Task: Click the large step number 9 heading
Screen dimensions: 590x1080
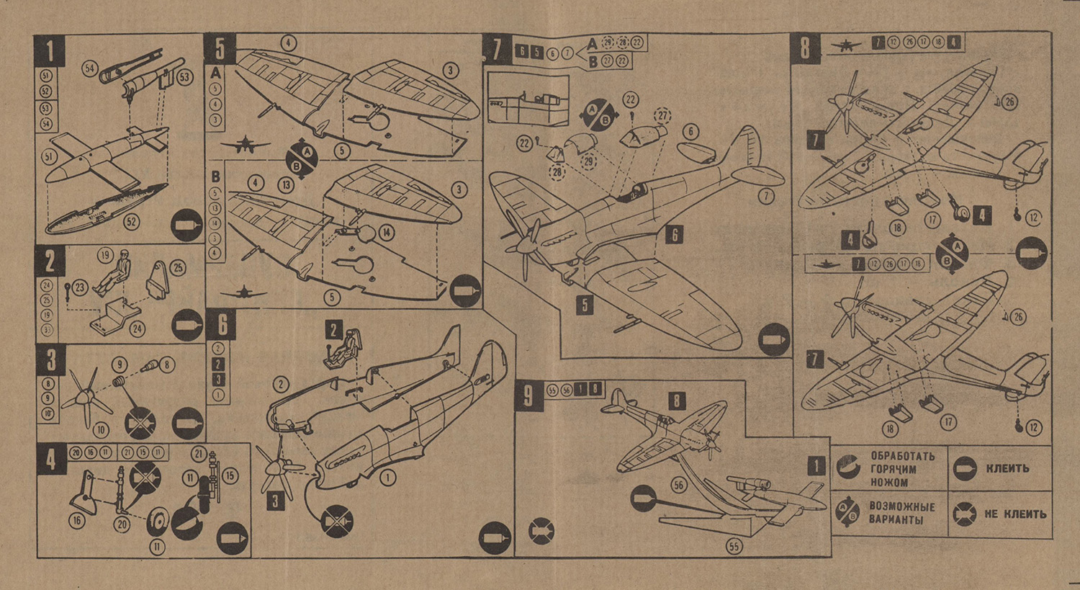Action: (529, 395)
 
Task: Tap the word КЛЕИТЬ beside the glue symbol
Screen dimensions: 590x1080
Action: (1007, 469)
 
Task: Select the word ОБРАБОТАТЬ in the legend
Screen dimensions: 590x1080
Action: (902, 456)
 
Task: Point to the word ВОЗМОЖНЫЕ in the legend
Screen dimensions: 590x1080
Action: (902, 506)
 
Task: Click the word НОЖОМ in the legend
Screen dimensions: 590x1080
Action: (890, 483)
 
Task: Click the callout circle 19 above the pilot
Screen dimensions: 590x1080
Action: (106, 255)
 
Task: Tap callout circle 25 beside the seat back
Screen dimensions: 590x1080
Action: (178, 268)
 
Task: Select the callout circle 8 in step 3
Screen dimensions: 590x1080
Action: (166, 365)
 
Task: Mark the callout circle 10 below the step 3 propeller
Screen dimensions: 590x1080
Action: (101, 430)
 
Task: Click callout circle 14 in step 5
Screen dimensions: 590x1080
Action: (387, 232)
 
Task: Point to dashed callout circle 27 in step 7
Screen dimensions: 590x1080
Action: (662, 115)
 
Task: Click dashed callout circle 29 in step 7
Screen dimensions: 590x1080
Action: (589, 161)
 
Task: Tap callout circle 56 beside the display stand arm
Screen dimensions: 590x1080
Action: (678, 486)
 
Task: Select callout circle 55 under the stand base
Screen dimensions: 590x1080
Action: (734, 547)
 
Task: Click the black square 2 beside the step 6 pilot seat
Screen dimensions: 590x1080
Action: (333, 331)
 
